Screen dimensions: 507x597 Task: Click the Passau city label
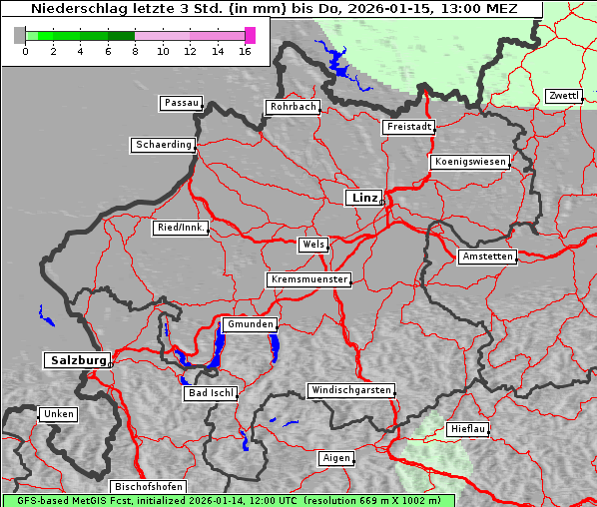181,103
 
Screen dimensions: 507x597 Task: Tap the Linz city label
363,198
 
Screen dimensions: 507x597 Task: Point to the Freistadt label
409,127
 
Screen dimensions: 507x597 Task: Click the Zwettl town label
563,96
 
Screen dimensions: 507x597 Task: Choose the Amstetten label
487,256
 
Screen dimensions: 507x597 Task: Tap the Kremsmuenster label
308,279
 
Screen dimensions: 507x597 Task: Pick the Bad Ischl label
211,393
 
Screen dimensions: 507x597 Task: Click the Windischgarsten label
349,390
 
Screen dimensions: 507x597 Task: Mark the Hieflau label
468,428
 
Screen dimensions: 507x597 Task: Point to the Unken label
58,413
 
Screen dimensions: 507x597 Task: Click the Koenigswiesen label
470,162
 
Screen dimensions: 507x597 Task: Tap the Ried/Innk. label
181,228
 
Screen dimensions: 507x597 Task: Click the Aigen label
336,458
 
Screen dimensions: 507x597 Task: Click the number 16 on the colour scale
246,51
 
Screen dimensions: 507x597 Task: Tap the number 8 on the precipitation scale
135,51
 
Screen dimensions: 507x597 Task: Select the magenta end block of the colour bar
250,35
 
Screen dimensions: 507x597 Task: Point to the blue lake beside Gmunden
218,346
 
